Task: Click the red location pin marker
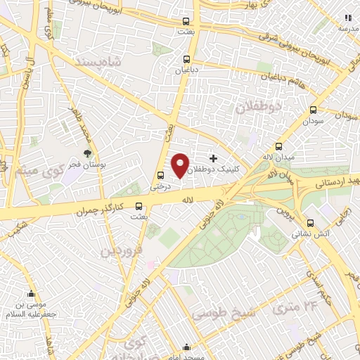[180, 166]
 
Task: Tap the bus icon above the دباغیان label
[186, 59]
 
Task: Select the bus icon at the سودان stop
[313, 110]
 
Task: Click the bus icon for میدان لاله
[279, 147]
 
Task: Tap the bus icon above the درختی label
[161, 176]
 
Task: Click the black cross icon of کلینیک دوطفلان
[214, 159]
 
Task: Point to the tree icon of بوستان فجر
[88, 153]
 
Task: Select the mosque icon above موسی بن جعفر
[30, 294]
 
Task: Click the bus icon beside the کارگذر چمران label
[138, 207]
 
